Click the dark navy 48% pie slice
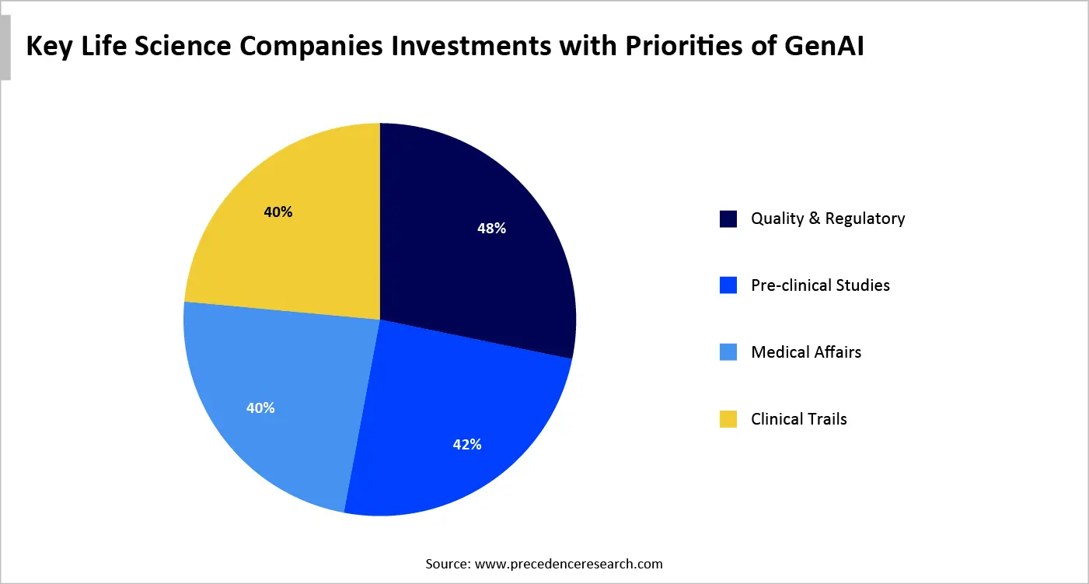coord(466,257)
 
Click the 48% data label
coord(491,229)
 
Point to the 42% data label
coord(467,445)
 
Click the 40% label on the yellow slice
coord(277,212)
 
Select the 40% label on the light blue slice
coord(260,407)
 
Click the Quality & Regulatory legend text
coord(828,219)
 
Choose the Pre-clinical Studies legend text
coord(820,285)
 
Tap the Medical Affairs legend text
coord(806,352)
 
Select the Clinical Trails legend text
coord(798,419)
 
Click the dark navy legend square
coord(728,219)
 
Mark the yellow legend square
coord(728,420)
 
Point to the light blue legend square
coord(728,353)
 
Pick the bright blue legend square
coord(728,286)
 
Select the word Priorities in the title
coord(684,47)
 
